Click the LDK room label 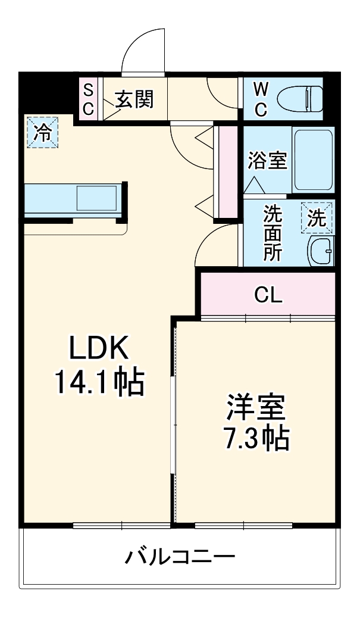[x=99, y=349]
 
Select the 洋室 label [x=256, y=407]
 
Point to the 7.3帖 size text [x=256, y=439]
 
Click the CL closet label [x=268, y=294]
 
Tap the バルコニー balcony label [x=180, y=557]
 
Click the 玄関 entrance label [x=134, y=99]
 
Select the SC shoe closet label [x=87, y=99]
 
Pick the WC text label [x=261, y=99]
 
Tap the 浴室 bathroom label [x=267, y=160]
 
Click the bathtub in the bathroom [x=312, y=159]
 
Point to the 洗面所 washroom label [x=273, y=232]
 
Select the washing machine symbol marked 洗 [x=317, y=218]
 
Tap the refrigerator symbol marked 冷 [x=42, y=132]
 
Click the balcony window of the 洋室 [x=243, y=525]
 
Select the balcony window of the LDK [x=121, y=525]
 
